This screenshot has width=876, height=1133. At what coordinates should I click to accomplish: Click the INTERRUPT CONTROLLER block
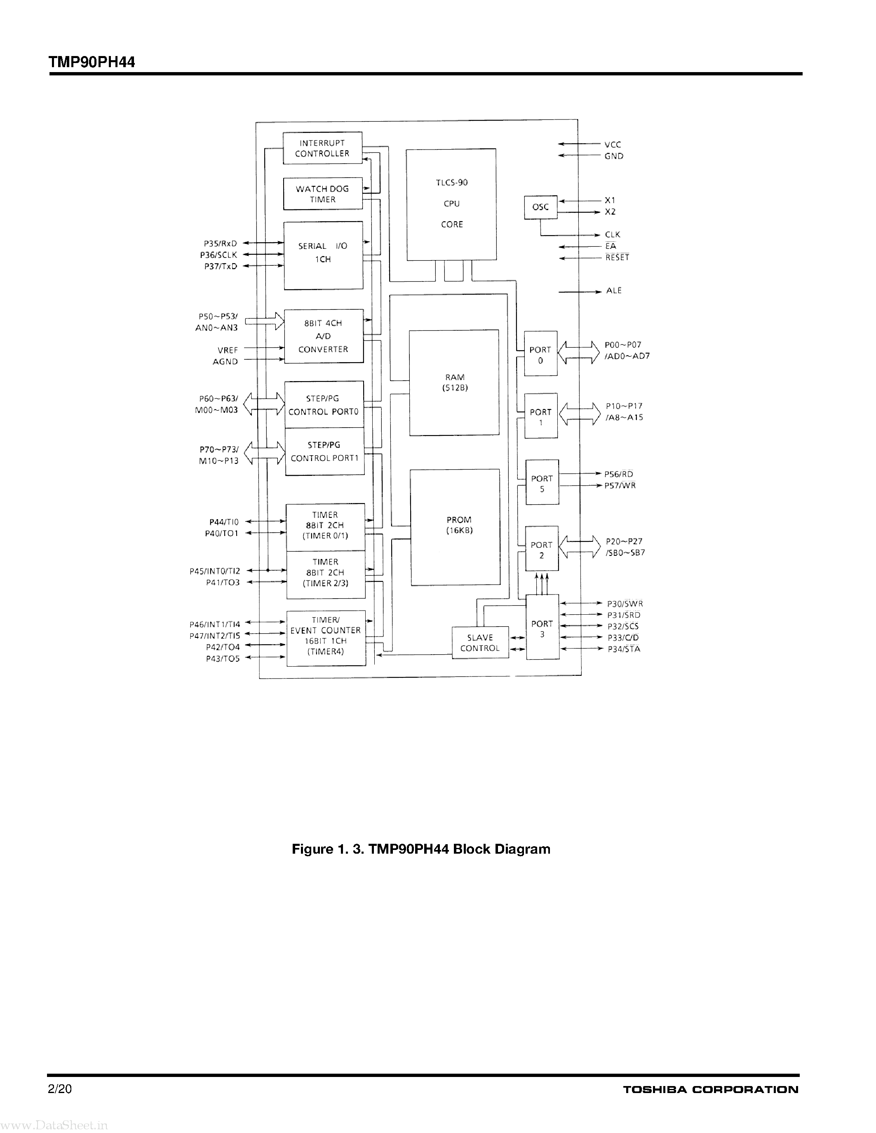click(x=322, y=148)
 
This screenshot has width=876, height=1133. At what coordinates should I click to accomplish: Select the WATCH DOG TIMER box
click(x=322, y=194)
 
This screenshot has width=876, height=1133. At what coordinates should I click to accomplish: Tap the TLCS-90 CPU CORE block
click(x=451, y=204)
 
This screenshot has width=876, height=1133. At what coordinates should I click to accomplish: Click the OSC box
click(x=540, y=207)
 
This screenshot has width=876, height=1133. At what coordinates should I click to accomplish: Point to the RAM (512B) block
click(x=454, y=383)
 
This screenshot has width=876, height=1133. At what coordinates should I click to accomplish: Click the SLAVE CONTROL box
click(x=480, y=643)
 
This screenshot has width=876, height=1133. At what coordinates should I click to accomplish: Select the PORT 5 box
click(x=543, y=482)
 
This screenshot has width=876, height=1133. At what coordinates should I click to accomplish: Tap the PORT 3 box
click(x=543, y=627)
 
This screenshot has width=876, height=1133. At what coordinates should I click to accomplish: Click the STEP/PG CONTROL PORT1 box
click(x=324, y=451)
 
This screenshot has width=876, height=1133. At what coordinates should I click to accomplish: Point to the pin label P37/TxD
click(x=221, y=267)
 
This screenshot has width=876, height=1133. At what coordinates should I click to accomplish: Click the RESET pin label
click(x=617, y=258)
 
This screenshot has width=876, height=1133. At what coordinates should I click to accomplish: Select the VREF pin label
click(x=228, y=350)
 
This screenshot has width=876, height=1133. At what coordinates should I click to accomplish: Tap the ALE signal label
click(x=614, y=291)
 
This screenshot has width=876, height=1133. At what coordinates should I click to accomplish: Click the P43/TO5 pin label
click(x=223, y=659)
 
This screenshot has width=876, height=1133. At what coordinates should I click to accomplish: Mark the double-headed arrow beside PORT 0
click(x=578, y=352)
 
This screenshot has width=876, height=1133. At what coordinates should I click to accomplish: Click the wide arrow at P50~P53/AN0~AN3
click(x=265, y=321)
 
